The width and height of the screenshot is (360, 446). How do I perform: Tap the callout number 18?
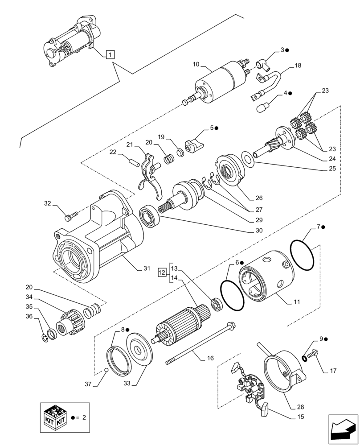coord(298,65)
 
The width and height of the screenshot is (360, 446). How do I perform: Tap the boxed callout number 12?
coord(163,271)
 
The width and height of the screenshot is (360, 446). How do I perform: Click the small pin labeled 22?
coord(132,160)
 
